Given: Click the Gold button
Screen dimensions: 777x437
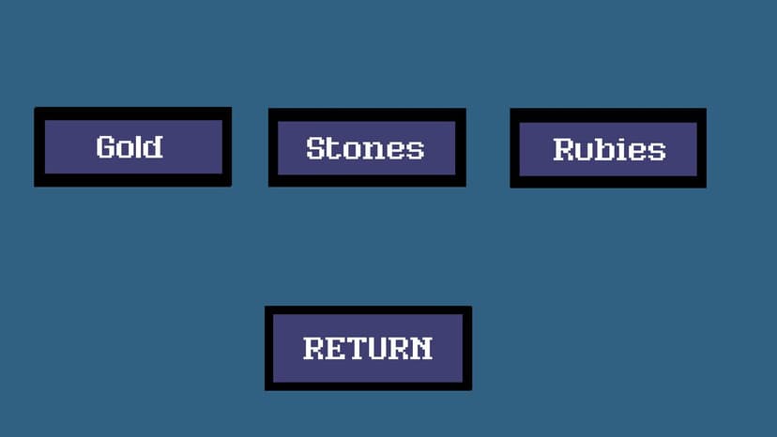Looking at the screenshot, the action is pos(133,146).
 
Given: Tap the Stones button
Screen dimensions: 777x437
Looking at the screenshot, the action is pos(367,147).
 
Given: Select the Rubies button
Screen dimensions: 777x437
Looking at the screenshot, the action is pos(608,148).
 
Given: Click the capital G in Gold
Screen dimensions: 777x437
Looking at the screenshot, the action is pos(106,147).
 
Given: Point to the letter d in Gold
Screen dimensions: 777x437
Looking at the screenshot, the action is pos(153,146).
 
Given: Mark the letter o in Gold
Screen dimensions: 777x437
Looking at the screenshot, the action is pos(125,150).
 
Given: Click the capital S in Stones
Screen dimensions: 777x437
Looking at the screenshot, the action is pos(315,148).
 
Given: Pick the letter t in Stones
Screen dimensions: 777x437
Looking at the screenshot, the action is pos(332,149).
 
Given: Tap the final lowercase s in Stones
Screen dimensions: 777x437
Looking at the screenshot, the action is pos(417,152).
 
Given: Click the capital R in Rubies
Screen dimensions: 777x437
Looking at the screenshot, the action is pos(564,150).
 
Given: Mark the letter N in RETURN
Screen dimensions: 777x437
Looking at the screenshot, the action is pos(422,348).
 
